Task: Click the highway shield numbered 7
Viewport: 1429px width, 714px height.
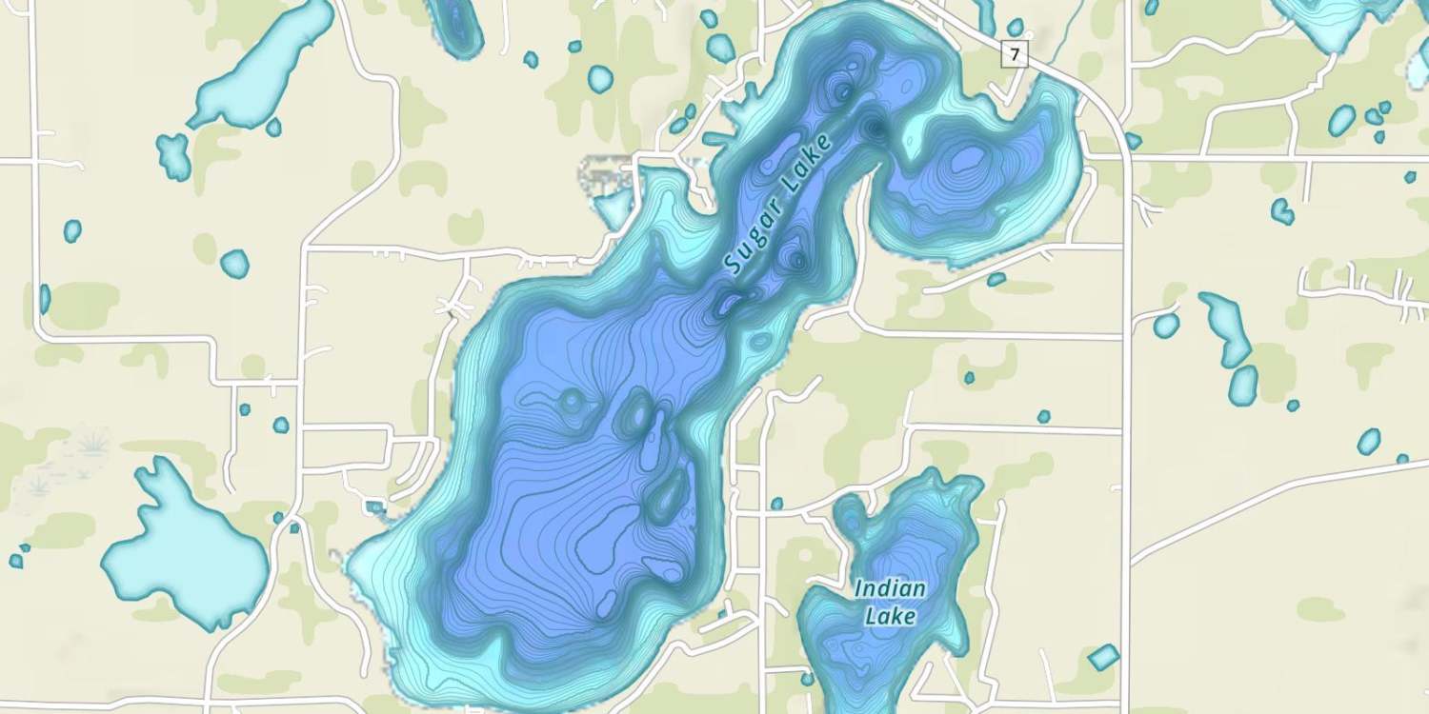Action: [x=1015, y=55]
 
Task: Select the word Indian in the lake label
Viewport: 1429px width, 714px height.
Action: [x=890, y=588]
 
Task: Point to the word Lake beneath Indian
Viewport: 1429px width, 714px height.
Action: [x=891, y=617]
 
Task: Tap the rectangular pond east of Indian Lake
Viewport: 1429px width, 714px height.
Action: [x=1103, y=657]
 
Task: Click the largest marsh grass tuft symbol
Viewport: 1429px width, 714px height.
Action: [x=92, y=442]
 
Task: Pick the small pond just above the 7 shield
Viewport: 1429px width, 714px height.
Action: [x=1016, y=27]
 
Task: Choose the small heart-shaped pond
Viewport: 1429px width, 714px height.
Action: [x=1283, y=210]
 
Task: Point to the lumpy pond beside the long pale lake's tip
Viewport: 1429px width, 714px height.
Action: [x=173, y=155]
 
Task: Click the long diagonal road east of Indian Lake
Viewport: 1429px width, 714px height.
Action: [x=1277, y=509]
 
